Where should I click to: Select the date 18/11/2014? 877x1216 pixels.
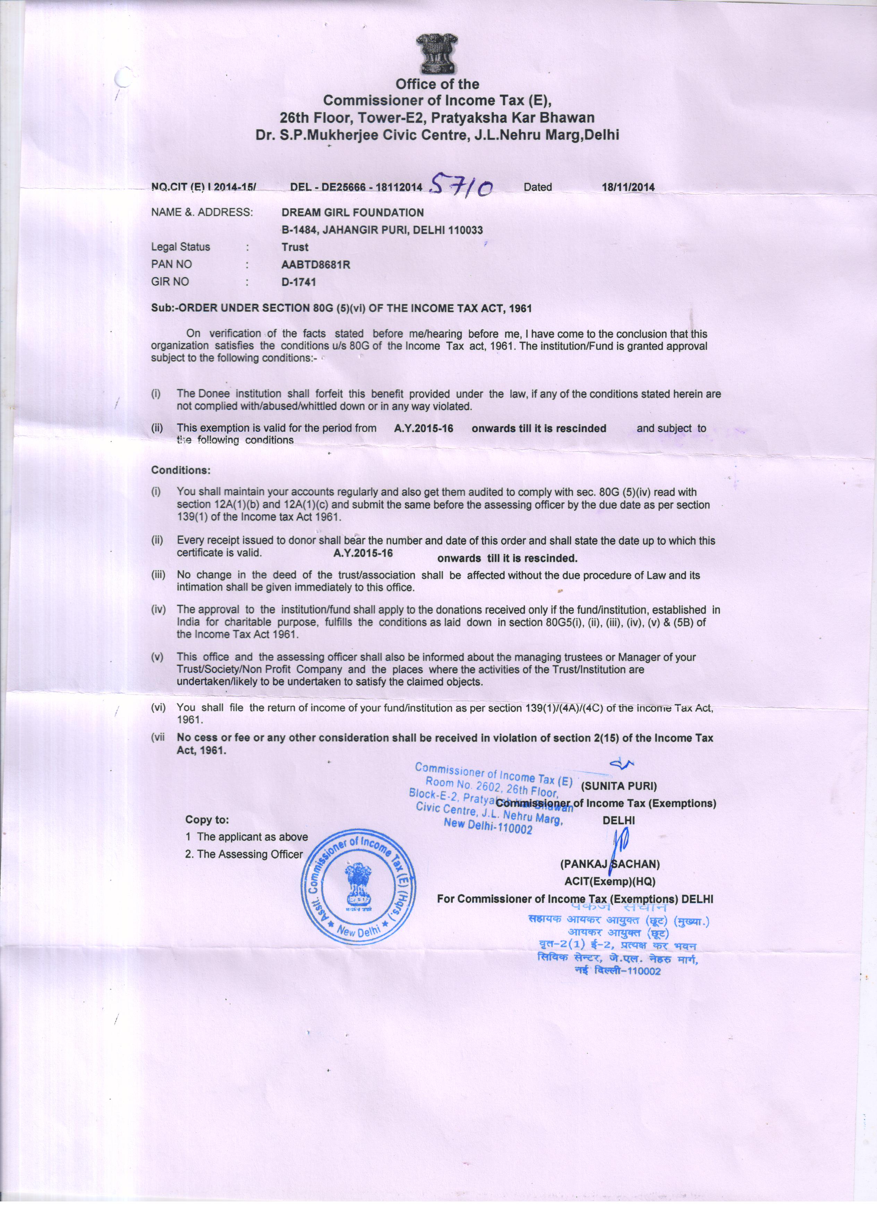tap(628, 187)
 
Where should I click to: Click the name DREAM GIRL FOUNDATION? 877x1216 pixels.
tap(352, 212)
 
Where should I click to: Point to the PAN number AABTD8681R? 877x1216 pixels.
tap(316, 264)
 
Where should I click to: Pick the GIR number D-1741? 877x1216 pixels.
tap(299, 282)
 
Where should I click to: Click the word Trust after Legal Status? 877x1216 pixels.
tap(295, 247)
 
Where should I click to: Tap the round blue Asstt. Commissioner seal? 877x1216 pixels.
tap(358, 887)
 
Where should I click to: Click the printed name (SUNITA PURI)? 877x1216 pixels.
tap(619, 786)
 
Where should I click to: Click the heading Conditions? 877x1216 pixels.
tap(181, 470)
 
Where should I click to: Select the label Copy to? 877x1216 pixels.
tap(207, 819)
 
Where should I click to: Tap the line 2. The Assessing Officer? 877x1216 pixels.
tap(244, 854)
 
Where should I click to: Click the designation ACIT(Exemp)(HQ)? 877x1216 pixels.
tap(610, 881)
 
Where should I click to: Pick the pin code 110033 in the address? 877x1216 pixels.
tap(465, 230)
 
